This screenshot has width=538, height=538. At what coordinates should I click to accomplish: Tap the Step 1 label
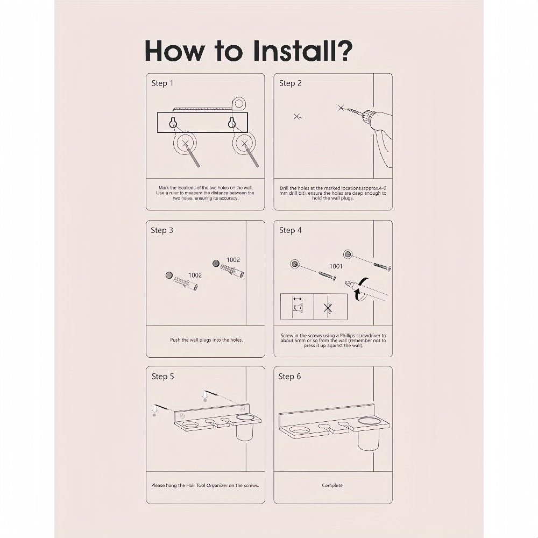point(162,83)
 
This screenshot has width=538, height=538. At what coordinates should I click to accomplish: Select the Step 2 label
point(291,83)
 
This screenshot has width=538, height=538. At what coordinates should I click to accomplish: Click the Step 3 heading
point(162,230)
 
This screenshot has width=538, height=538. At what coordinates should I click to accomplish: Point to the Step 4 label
point(291,230)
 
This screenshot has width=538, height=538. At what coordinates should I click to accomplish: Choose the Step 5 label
point(162,377)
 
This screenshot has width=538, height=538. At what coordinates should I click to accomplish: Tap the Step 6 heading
point(289,377)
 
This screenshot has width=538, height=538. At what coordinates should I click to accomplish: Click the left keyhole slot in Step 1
point(173,123)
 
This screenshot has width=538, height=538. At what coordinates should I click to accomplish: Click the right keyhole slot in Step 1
point(232,123)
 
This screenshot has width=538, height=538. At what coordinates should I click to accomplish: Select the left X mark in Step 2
point(297,117)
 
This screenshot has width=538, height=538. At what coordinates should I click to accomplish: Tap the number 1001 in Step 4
point(336,266)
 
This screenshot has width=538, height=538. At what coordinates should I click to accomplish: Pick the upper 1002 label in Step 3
point(233,260)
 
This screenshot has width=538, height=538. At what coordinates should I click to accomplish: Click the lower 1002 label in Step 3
point(195,275)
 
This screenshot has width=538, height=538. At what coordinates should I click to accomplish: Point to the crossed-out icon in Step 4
point(328,308)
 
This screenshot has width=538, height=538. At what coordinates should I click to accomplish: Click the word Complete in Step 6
point(332,485)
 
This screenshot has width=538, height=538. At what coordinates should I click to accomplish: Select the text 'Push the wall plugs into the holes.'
point(206,339)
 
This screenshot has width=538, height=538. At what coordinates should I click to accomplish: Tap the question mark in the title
point(342,51)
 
